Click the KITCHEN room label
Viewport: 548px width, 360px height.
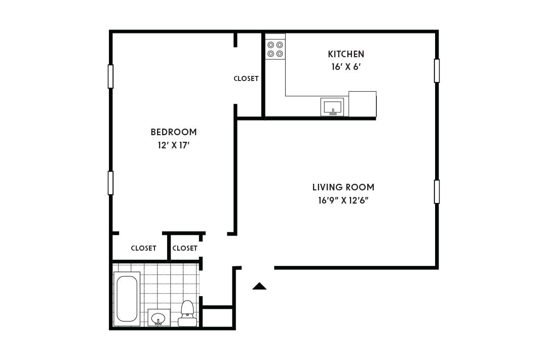[346, 54]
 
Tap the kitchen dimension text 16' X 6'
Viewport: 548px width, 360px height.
[346, 67]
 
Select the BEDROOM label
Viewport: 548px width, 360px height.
[174, 132]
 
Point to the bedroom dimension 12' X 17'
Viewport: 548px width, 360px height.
[174, 145]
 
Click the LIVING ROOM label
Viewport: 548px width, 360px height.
[343, 187]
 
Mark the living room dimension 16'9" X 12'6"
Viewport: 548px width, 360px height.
[343, 201]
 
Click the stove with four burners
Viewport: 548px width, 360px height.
[275, 49]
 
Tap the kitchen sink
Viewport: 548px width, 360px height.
[332, 107]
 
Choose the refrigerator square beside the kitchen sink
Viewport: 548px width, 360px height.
[362, 104]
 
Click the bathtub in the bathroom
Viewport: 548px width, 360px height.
[127, 299]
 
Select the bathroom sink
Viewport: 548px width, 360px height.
[159, 318]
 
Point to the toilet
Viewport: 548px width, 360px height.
[187, 314]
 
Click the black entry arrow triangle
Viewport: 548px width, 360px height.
[259, 286]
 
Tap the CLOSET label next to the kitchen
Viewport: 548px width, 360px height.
[246, 79]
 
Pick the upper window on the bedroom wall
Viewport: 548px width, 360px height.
[110, 76]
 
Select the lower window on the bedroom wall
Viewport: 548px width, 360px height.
[110, 183]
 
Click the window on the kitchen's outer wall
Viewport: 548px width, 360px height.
[437, 71]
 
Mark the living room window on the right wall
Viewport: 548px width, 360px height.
[437, 192]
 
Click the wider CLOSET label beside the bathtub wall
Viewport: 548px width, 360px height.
[143, 249]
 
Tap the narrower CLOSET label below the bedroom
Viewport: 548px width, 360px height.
[185, 249]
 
